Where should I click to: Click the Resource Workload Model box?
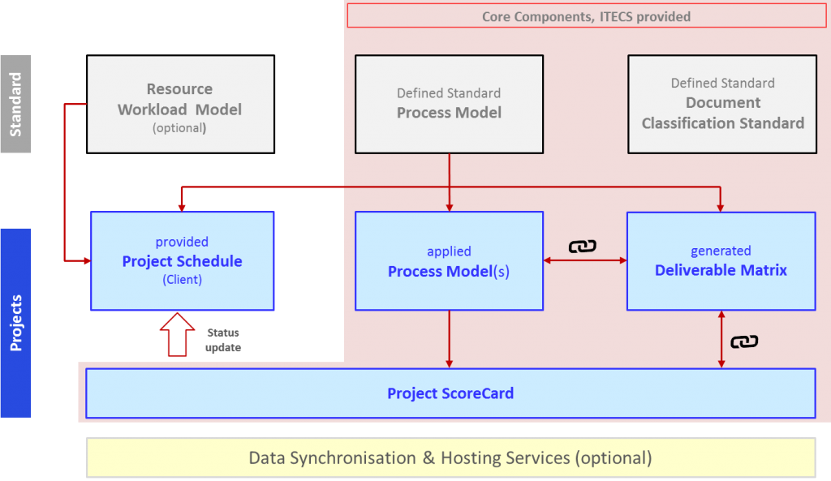pyautogui.click(x=180, y=104)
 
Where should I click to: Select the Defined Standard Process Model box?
pyautogui.click(x=449, y=104)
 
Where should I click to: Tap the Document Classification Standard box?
pyautogui.click(x=722, y=104)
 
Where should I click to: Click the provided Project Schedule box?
pyautogui.click(x=183, y=260)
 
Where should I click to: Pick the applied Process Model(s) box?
pyautogui.click(x=449, y=260)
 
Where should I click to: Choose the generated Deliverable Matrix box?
pyautogui.click(x=721, y=260)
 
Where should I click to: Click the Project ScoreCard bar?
pyautogui.click(x=450, y=393)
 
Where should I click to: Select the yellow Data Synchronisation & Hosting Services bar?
pyautogui.click(x=450, y=457)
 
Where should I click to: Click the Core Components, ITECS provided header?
pyautogui.click(x=586, y=16)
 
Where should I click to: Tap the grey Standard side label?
pyautogui.click(x=15, y=104)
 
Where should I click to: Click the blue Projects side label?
pyautogui.click(x=15, y=323)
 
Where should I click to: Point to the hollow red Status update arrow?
pyautogui.click(x=177, y=334)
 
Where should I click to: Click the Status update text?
pyautogui.click(x=223, y=340)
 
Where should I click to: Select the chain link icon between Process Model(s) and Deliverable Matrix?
pyautogui.click(x=582, y=247)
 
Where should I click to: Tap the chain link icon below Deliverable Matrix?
pyautogui.click(x=744, y=341)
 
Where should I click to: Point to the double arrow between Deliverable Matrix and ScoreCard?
pyautogui.click(x=721, y=339)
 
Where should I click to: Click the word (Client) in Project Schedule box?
pyautogui.click(x=183, y=280)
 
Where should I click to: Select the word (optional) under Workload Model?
pyautogui.click(x=179, y=128)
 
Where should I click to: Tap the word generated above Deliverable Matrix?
pyautogui.click(x=721, y=251)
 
